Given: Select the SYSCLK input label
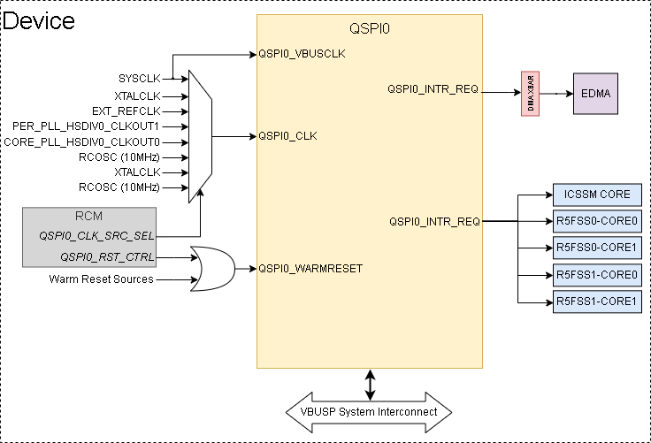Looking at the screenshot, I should tap(139, 79).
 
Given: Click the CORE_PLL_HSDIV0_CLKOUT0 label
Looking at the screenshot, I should tap(82, 141).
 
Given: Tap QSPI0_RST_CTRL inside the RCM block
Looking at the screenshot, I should tap(107, 257).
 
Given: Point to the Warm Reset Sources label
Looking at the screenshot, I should tap(102, 279).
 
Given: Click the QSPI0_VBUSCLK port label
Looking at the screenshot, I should tap(302, 53).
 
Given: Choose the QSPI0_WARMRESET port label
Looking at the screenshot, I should tap(310, 267).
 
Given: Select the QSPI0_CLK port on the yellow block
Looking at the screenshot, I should tap(287, 136).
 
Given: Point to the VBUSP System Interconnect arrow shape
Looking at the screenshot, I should tap(369, 412).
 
